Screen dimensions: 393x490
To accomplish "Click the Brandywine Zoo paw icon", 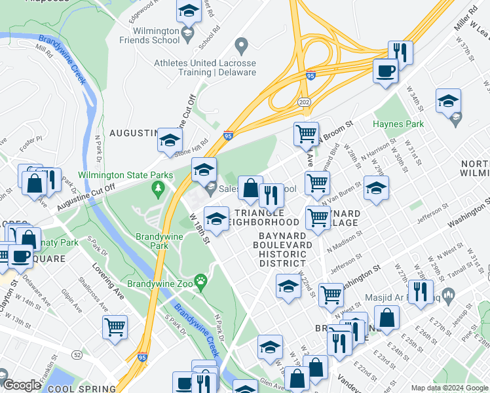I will [x=202, y=283].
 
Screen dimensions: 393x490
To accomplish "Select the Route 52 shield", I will [x=78, y=354].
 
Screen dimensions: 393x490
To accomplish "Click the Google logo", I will [x=22, y=385].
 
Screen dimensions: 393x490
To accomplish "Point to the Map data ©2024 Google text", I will [x=449, y=387].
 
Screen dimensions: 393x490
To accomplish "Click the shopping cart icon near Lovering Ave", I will [x=115, y=327].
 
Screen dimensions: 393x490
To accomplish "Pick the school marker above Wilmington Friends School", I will [x=189, y=11].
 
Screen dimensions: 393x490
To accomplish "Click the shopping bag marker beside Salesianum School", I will [x=250, y=189].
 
